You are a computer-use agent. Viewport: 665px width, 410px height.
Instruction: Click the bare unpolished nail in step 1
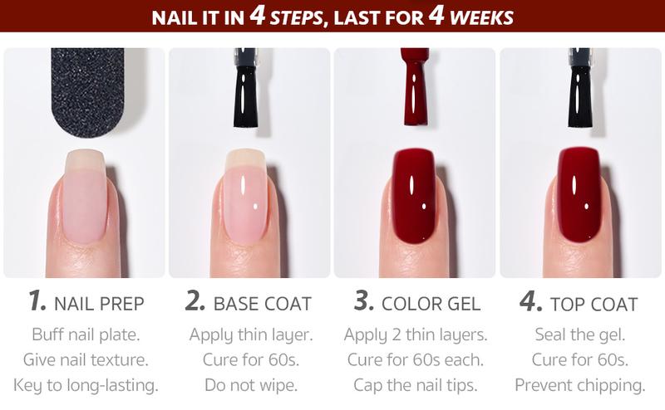click(x=84, y=199)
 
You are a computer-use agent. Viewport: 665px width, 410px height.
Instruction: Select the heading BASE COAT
click(x=262, y=304)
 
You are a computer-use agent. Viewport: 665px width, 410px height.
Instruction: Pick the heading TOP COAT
click(x=594, y=304)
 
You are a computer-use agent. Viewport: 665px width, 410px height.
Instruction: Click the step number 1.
click(x=36, y=301)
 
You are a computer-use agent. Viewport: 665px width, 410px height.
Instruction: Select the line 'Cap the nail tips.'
click(x=415, y=385)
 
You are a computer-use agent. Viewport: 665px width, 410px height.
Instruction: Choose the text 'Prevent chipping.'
click(x=579, y=385)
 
